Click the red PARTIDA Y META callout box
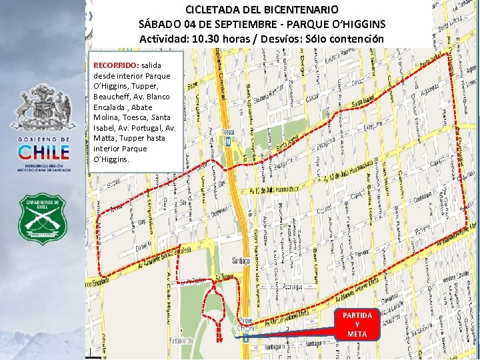357,324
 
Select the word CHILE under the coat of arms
43,151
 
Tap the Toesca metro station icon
229,141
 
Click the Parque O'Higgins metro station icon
246,337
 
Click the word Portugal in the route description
149,127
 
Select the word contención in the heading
356,39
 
